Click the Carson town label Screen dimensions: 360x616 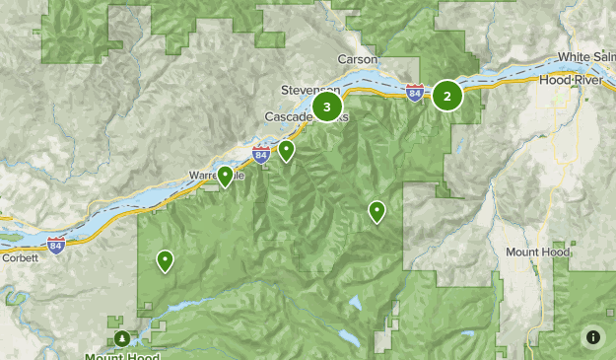pyautogui.click(x=357, y=59)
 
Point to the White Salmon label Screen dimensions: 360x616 pyautogui.click(x=587, y=57)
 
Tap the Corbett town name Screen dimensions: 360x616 pyautogui.click(x=21, y=257)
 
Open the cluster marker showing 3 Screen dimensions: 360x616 pyautogui.click(x=326, y=107)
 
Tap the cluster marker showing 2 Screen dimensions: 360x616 pyautogui.click(x=447, y=96)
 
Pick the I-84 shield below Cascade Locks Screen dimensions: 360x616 pyautogui.click(x=260, y=155)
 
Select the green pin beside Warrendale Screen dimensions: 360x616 pyautogui.click(x=226, y=176)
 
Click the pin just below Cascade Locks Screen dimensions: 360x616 pyautogui.click(x=286, y=150)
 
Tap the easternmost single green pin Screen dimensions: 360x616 pyautogui.click(x=376, y=210)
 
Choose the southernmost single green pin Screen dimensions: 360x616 pyautogui.click(x=165, y=259)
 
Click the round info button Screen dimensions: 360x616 pyautogui.click(x=592, y=336)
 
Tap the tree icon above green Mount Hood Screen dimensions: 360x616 pyautogui.click(x=121, y=338)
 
